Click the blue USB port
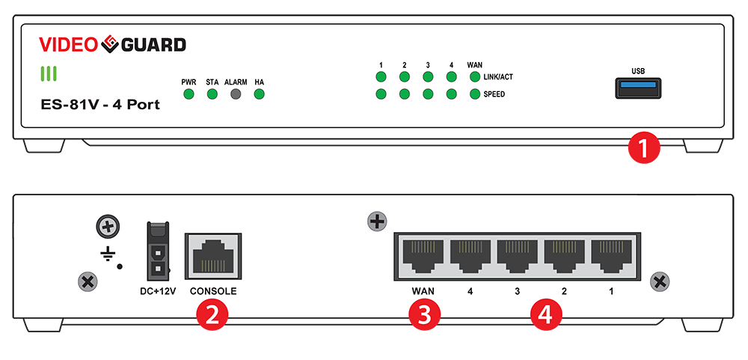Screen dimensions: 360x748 tap(638, 89)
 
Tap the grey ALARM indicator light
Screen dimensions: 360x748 tap(236, 94)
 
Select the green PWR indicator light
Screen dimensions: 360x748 tap(188, 94)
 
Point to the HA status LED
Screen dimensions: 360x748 tap(260, 94)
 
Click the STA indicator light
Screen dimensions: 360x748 tap(212, 94)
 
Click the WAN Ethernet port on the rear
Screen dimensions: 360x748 tap(423, 257)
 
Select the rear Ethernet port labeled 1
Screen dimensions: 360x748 tap(611, 257)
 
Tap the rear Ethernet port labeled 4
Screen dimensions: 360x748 tap(470, 257)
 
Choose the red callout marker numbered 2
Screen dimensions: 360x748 tap(212, 315)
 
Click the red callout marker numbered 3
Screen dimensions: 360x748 tap(423, 315)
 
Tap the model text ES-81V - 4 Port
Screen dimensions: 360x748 tap(99, 105)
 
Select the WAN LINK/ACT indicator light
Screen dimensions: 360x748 tap(474, 76)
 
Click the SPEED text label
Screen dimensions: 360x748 tap(494, 94)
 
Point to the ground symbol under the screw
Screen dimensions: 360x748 tap(108, 254)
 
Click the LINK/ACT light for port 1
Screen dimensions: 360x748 tap(381, 76)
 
